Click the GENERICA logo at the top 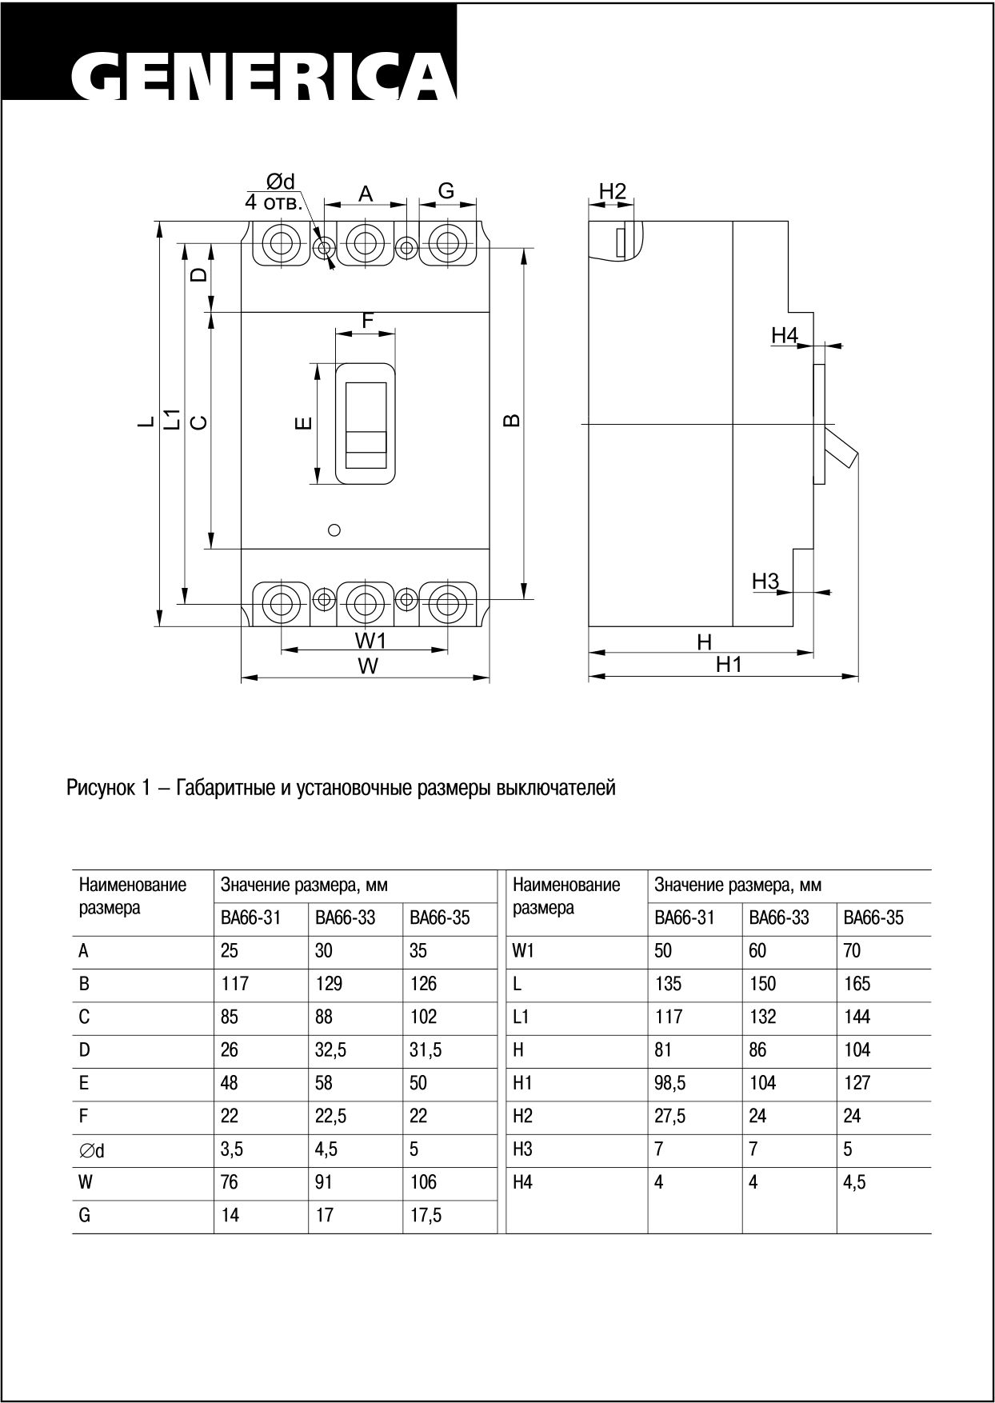tap(264, 78)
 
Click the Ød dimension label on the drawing tap(281, 182)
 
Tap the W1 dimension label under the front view tap(370, 640)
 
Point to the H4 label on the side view tap(785, 335)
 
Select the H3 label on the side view tap(765, 582)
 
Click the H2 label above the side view tap(612, 192)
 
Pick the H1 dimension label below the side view tap(729, 664)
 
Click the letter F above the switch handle tap(367, 321)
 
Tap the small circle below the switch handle tap(335, 530)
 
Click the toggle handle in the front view tap(366, 425)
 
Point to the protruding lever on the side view tap(842, 448)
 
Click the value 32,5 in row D tap(330, 1050)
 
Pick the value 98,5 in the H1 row tap(669, 1083)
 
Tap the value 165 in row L tap(857, 984)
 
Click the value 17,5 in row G tap(425, 1216)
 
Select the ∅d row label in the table tap(91, 1150)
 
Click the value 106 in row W tap(423, 1182)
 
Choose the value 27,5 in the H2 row tap(669, 1116)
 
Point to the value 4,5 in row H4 tap(854, 1182)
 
